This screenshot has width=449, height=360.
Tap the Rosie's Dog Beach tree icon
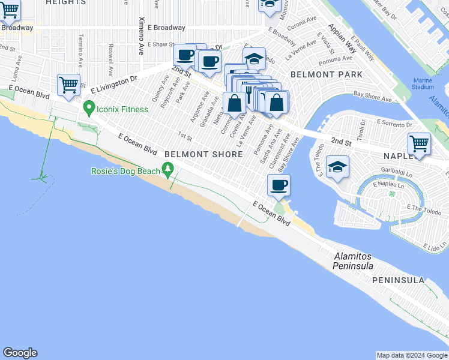[x=169, y=171]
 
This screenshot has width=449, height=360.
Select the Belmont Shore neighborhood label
[x=203, y=154]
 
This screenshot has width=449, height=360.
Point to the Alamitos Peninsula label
[x=354, y=261]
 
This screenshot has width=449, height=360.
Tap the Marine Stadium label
[x=423, y=84]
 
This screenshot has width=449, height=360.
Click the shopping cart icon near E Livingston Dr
[x=68, y=85]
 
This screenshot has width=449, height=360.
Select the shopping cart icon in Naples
[x=419, y=144]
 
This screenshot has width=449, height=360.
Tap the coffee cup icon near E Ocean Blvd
[x=278, y=185]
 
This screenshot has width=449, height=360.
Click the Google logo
[x=20, y=353]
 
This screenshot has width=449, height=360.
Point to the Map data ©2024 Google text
[x=412, y=355]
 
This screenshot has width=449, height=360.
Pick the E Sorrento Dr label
[x=394, y=122]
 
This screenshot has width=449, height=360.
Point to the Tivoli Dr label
[x=362, y=130]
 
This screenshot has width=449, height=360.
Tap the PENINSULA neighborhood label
[x=398, y=280]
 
